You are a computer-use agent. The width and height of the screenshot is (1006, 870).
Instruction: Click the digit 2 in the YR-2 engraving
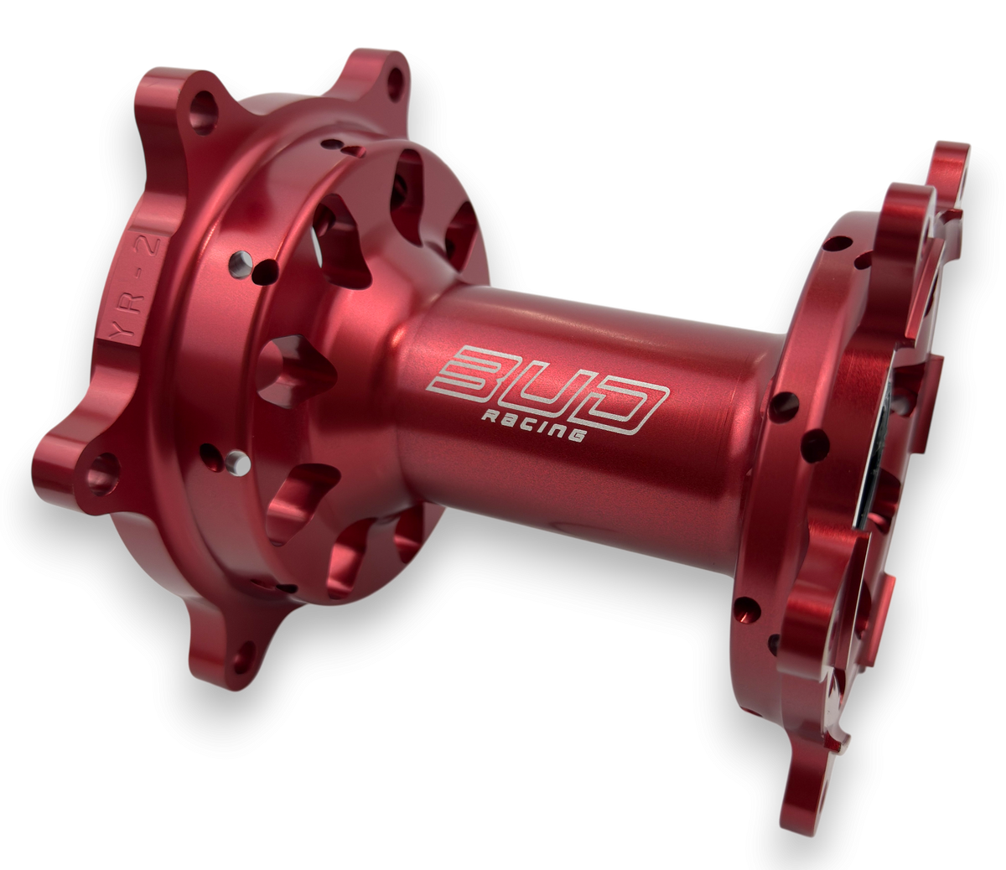pos(152,244)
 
